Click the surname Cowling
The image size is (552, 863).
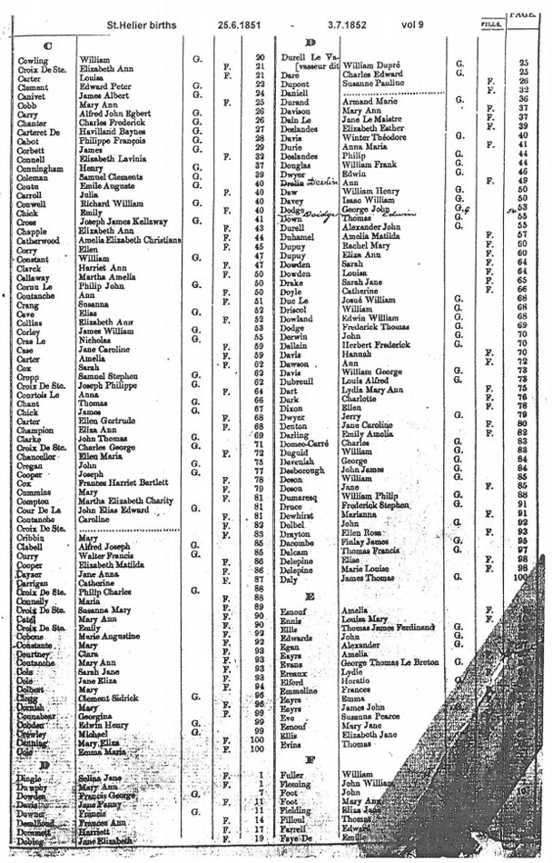click(x=32, y=59)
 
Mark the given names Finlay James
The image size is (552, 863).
click(x=366, y=541)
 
